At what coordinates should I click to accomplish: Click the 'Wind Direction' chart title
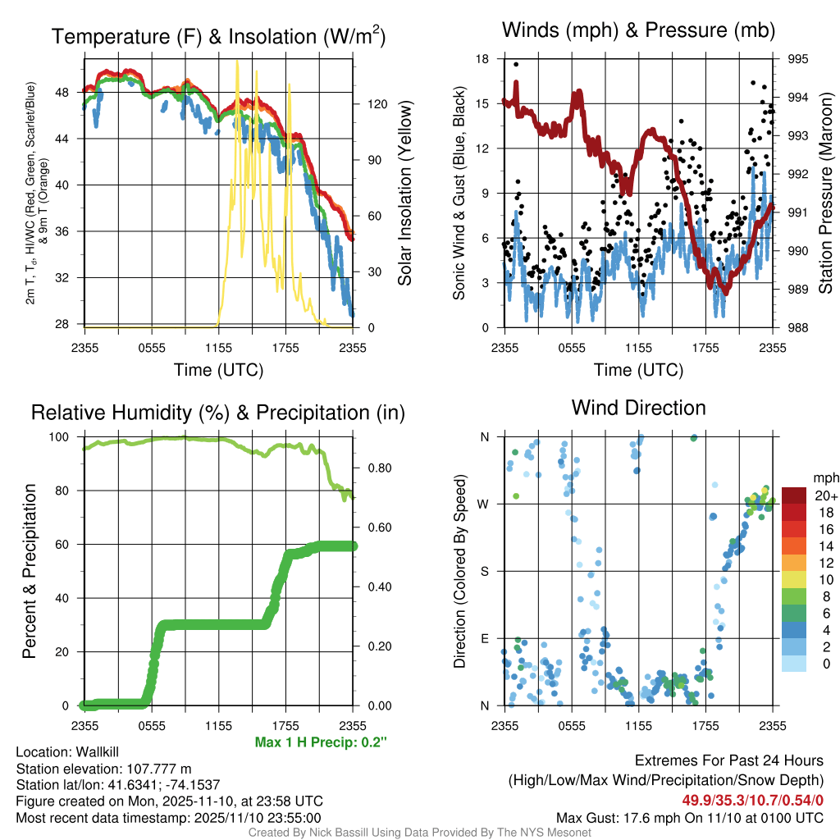click(x=638, y=408)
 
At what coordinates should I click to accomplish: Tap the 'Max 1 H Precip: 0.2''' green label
click(x=321, y=742)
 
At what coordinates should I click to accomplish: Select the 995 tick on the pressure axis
click(x=797, y=59)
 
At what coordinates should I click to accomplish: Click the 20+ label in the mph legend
click(x=824, y=496)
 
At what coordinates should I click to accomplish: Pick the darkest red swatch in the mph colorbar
click(x=794, y=495)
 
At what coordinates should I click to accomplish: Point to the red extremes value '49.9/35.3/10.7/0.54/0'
click(x=752, y=800)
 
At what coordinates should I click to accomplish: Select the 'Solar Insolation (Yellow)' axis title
click(x=404, y=194)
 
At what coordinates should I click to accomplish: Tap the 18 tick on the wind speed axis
click(x=482, y=59)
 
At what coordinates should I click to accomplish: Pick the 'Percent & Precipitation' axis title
click(x=30, y=571)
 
